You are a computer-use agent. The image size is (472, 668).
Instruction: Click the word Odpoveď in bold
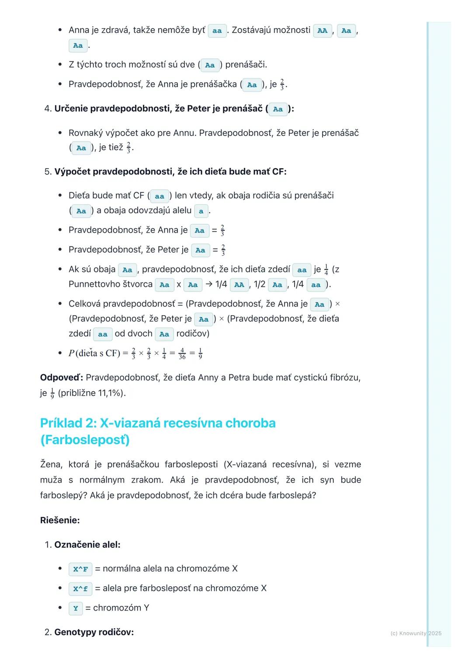coord(61,377)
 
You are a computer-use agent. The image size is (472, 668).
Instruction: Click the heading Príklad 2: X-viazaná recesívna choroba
coord(158,423)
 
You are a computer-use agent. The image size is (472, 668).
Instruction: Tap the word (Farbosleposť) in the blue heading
coord(85,440)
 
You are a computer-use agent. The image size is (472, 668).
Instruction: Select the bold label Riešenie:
coord(60,520)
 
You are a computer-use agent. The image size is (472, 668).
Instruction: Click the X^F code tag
coord(80,569)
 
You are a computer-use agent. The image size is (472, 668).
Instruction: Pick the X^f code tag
coord(80,589)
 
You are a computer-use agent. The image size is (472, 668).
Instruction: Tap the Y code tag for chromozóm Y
coord(76,609)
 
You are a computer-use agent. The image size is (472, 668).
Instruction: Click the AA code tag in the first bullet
coord(322,31)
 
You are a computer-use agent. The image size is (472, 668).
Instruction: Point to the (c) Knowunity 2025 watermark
coord(416,633)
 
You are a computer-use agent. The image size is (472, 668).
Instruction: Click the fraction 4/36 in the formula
coord(182,353)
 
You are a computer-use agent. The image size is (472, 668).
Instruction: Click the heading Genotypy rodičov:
coord(94,632)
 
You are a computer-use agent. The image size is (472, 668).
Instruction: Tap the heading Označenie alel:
coord(87,545)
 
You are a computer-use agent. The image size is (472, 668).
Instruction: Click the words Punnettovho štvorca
coord(111,284)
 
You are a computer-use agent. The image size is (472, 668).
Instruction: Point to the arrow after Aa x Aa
coord(208,284)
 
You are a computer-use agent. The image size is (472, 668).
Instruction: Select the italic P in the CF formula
coord(72,353)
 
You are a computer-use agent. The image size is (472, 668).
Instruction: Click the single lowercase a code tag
coord(201,211)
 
